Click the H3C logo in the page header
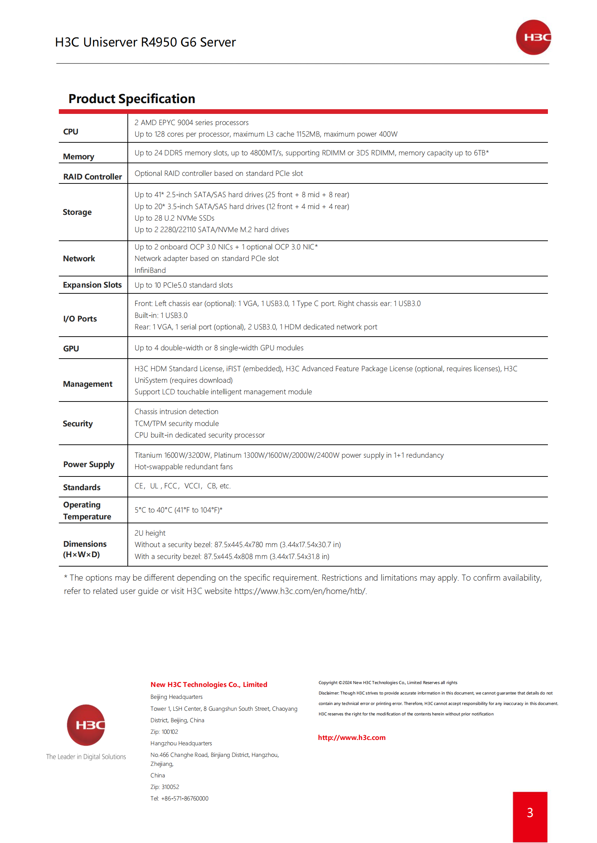(x=533, y=37)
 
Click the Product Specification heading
(x=132, y=99)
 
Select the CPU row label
(x=71, y=132)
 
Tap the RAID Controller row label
(x=92, y=177)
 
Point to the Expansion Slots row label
(x=92, y=285)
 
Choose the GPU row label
(x=71, y=349)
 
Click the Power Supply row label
(x=88, y=465)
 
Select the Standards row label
(x=82, y=487)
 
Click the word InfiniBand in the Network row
(x=150, y=270)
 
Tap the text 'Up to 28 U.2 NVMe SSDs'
(x=174, y=218)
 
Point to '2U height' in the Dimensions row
(x=150, y=533)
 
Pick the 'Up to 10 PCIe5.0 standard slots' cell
(x=183, y=285)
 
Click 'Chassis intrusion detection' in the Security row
(x=177, y=412)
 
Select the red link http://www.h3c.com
(x=352, y=738)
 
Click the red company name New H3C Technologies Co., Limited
(x=208, y=684)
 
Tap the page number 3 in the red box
(x=530, y=812)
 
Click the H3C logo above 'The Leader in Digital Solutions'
(x=86, y=725)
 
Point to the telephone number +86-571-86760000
(x=184, y=799)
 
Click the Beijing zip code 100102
(x=170, y=732)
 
